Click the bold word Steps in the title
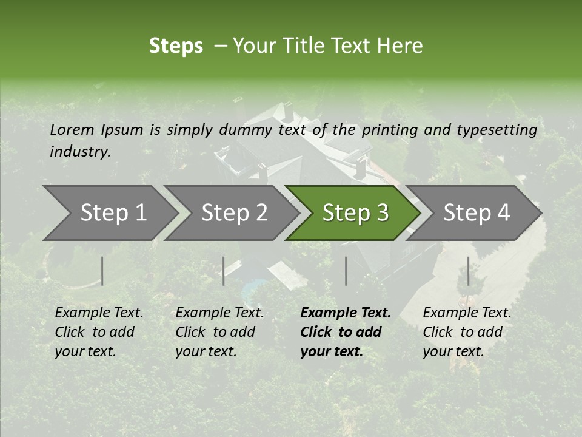[x=176, y=46]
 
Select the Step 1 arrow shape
[x=109, y=213]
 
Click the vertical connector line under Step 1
[x=102, y=271]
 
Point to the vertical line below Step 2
[x=224, y=271]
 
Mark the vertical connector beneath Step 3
[x=346, y=271]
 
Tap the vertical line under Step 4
[x=468, y=271]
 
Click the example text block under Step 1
[x=99, y=332]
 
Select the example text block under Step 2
[x=219, y=332]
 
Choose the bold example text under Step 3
[x=346, y=332]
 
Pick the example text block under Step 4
[x=467, y=332]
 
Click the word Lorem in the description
[x=72, y=130]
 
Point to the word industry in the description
[x=80, y=152]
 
